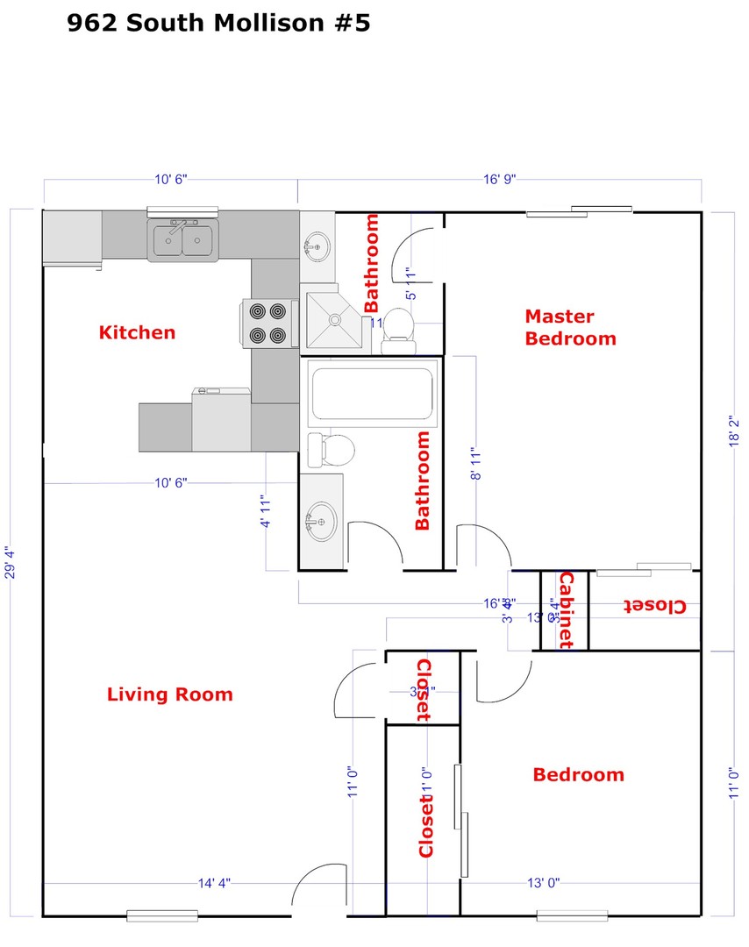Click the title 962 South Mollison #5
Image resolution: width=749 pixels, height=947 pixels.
pyautogui.click(x=218, y=23)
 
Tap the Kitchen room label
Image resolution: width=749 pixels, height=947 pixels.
pyautogui.click(x=137, y=332)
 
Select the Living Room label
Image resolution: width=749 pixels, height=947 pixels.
pyautogui.click(x=170, y=694)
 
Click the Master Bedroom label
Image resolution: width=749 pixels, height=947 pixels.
pyautogui.click(x=570, y=327)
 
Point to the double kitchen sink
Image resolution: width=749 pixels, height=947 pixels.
pyautogui.click(x=183, y=239)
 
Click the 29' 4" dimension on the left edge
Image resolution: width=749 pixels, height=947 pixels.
pyautogui.click(x=11, y=564)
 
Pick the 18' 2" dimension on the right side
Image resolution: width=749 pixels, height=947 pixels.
pyautogui.click(x=735, y=432)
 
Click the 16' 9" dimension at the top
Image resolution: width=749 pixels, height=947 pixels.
pyautogui.click(x=500, y=179)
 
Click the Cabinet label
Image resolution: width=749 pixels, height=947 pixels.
pyautogui.click(x=566, y=609)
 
